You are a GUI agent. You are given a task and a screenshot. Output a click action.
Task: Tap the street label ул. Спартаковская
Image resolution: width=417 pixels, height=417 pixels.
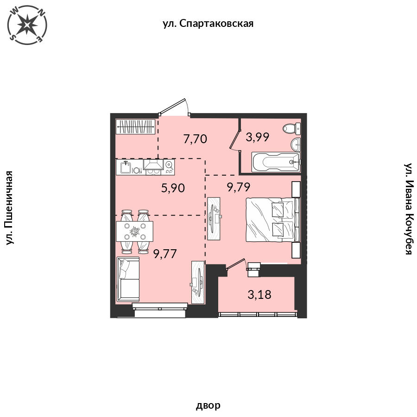208,24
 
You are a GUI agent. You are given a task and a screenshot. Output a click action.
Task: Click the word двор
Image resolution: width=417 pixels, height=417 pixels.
208,406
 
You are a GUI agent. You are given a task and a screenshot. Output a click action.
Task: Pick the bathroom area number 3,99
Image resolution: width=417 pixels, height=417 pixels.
258,137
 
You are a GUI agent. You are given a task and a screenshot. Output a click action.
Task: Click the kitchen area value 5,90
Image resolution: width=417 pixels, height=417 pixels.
173,188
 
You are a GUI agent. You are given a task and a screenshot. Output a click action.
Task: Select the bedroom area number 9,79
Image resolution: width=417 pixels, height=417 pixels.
239,187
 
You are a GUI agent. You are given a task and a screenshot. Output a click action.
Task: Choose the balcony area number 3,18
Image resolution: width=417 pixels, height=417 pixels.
259,293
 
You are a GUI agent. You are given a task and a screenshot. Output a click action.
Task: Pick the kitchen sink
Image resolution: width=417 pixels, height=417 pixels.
126,167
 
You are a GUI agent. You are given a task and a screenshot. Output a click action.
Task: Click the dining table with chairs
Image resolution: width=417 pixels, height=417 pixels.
135,230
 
